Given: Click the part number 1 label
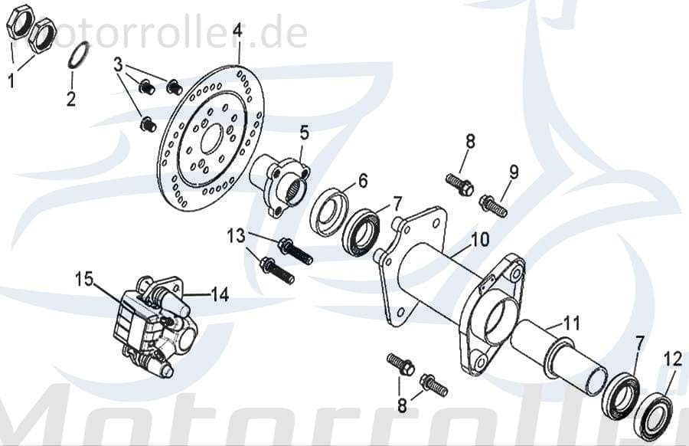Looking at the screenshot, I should pyautogui.click(x=11, y=80).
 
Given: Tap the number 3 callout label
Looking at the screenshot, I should pyautogui.click(x=118, y=65).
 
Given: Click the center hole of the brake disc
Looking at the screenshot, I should pyautogui.click(x=211, y=138).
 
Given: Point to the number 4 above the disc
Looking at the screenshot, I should pyautogui.click(x=237, y=31).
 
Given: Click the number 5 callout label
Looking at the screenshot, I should pyautogui.click(x=304, y=133).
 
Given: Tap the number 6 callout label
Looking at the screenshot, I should pyautogui.click(x=363, y=181).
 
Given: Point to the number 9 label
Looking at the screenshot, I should pyautogui.click(x=514, y=172).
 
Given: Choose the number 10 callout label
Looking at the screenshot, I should pyautogui.click(x=479, y=240).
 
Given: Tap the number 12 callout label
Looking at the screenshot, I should pyautogui.click(x=672, y=358).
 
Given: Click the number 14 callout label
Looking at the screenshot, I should pyautogui.click(x=220, y=294).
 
